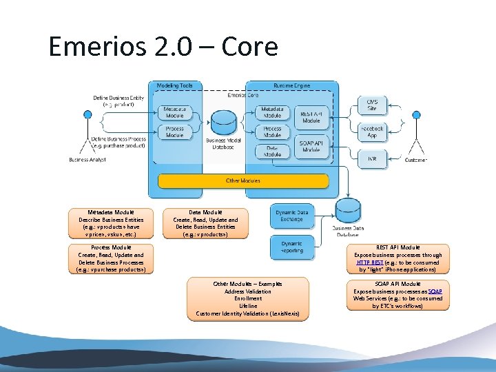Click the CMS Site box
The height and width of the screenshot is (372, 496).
point(371,105)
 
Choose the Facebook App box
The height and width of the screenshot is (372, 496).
point(371,132)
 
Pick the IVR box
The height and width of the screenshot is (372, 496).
point(371,158)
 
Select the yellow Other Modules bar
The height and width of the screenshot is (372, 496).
point(243,181)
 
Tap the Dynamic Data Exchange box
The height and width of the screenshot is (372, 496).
point(291,216)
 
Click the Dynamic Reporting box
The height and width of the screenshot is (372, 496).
point(291,247)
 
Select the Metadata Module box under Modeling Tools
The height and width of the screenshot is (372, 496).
point(175,112)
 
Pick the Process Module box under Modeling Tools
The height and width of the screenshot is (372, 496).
point(175,132)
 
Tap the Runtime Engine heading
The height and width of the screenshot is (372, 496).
point(292,86)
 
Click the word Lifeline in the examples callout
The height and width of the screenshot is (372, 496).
point(248,306)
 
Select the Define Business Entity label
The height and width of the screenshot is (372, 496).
point(119,98)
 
